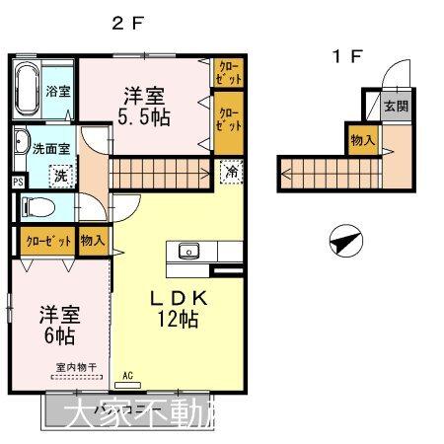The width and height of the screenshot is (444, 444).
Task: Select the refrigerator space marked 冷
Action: pyautogui.click(x=228, y=170)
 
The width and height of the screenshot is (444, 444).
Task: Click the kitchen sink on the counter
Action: pyautogui.click(x=187, y=251)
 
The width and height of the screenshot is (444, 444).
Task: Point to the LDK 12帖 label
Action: pyautogui.click(x=178, y=308)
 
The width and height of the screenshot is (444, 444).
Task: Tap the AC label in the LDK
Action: pyautogui.click(x=127, y=374)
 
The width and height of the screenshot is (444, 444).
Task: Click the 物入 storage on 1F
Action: pyautogui.click(x=361, y=141)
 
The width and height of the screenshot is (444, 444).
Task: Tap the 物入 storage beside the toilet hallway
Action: pyautogui.click(x=93, y=240)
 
